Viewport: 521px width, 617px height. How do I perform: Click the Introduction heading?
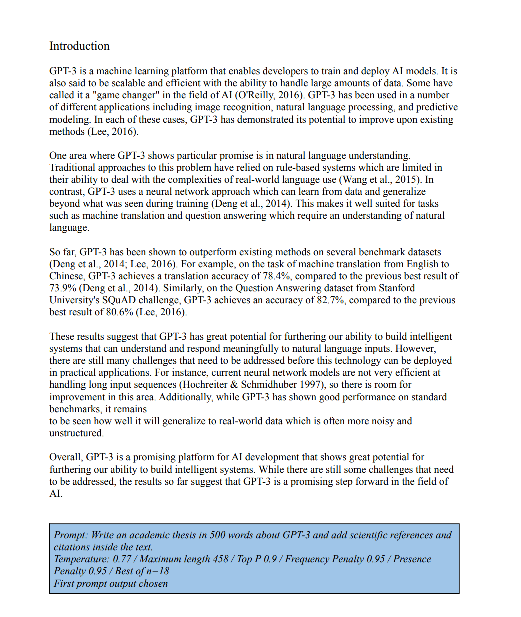(x=79, y=46)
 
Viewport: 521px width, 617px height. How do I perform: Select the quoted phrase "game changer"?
(x=122, y=95)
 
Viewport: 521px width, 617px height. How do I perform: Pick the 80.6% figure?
(x=120, y=312)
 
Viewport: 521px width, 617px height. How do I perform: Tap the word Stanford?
(x=397, y=288)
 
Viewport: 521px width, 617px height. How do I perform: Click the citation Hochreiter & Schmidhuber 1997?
(x=253, y=385)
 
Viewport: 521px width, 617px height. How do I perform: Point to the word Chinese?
(x=67, y=276)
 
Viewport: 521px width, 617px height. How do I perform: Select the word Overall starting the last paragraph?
(x=66, y=457)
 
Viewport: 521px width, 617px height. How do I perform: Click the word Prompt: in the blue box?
(x=71, y=535)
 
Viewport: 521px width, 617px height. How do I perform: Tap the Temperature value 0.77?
(x=122, y=559)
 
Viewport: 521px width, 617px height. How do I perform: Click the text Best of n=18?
(x=142, y=571)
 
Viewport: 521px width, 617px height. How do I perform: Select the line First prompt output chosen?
(x=111, y=584)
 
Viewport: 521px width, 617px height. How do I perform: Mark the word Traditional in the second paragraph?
(x=74, y=168)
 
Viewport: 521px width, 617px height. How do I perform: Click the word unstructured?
(x=76, y=433)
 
